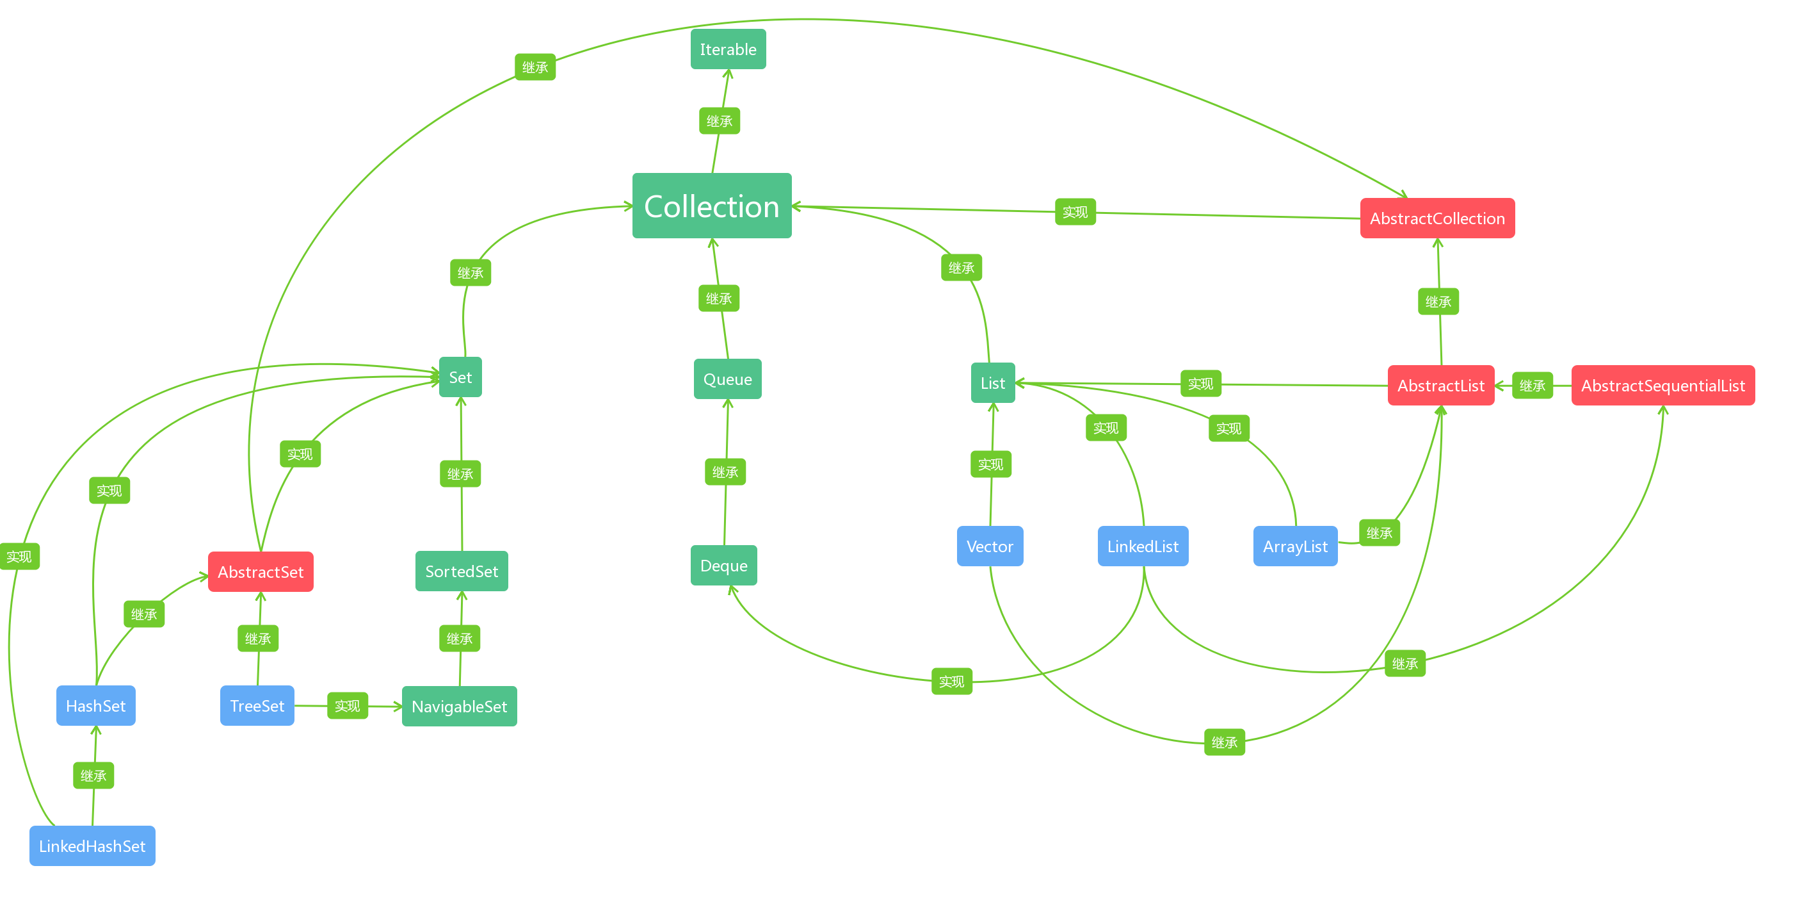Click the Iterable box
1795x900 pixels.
tap(727, 49)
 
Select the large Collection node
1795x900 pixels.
tap(711, 206)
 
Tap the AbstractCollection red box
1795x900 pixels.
tap(1437, 218)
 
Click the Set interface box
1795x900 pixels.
tap(460, 377)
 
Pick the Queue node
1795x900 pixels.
tap(727, 379)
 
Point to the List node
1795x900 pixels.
tap(992, 382)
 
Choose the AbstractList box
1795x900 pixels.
tap(1440, 386)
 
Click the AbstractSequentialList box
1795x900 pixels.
tap(1662, 386)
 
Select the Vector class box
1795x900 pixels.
tap(990, 546)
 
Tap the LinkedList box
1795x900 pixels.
tap(1143, 546)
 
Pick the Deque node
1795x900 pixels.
tap(723, 566)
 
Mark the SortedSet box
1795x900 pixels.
tap(462, 571)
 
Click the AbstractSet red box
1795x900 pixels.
tap(261, 571)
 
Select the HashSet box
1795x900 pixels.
tap(95, 705)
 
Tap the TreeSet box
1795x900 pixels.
tap(257, 705)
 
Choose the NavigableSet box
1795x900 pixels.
tap(459, 706)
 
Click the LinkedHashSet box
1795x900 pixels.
tap(92, 846)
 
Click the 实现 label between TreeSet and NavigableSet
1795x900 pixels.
tap(347, 705)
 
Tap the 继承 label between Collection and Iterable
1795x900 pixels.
tap(719, 121)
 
